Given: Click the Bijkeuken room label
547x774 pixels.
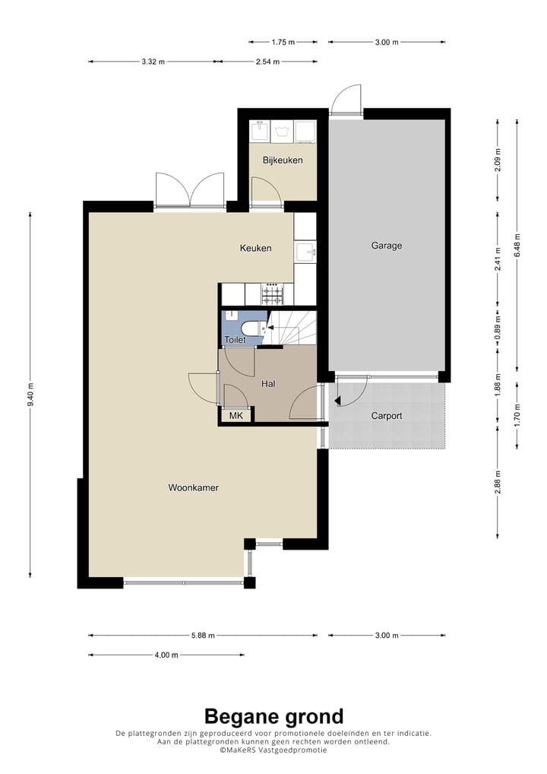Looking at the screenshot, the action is click(x=283, y=160).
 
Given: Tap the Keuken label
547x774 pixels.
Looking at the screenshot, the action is click(x=255, y=248).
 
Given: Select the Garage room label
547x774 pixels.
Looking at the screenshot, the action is click(x=387, y=246).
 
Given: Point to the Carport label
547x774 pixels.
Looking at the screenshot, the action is click(x=387, y=416).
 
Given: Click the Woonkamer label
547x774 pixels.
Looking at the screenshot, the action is click(x=193, y=487).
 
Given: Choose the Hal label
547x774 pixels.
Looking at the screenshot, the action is click(x=268, y=383).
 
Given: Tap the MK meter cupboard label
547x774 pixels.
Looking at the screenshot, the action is click(x=236, y=416).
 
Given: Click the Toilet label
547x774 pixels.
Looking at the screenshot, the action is click(x=235, y=340).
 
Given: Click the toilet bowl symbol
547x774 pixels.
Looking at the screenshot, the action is click(x=252, y=328).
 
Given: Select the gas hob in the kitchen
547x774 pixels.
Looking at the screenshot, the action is click(x=273, y=294).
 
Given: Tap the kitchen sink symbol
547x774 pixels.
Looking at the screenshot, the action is click(x=306, y=252).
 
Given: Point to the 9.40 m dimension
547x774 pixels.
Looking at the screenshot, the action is click(x=30, y=395).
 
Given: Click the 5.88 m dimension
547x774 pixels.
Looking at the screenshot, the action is click(x=203, y=636).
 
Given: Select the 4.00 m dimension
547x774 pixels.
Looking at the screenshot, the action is click(x=166, y=655).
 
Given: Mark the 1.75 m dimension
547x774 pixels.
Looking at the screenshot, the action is click(x=283, y=43).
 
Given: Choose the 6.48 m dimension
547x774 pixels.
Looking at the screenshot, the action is click(x=517, y=245).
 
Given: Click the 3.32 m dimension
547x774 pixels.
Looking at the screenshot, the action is click(x=153, y=62).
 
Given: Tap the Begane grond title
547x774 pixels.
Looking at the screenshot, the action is click(x=273, y=716).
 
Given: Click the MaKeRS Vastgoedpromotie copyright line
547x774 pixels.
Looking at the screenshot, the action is click(x=273, y=750).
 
